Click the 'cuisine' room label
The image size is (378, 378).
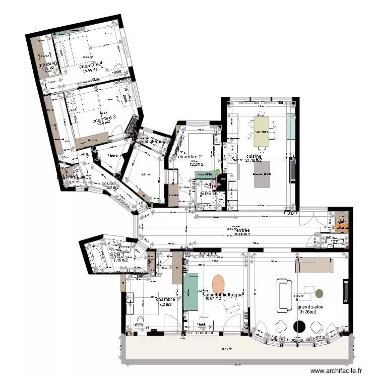[x=254, y=157]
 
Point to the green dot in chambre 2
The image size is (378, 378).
[x=218, y=172]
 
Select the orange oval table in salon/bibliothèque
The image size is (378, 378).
[x=218, y=284]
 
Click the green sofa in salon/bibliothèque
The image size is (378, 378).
[x=191, y=292]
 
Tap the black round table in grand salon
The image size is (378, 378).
[x=300, y=327]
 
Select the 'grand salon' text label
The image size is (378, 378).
[x=310, y=306]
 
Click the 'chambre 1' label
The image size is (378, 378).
[x=166, y=299]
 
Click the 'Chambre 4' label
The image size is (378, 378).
[x=91, y=65]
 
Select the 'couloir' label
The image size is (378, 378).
[x=109, y=183]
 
